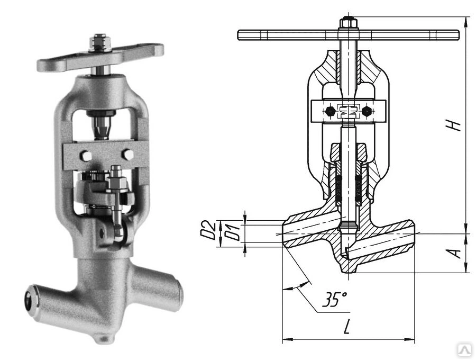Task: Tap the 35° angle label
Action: [334, 299]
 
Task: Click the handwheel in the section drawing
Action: [348, 35]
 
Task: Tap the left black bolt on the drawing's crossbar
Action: [329, 112]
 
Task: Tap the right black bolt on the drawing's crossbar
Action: [367, 112]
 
